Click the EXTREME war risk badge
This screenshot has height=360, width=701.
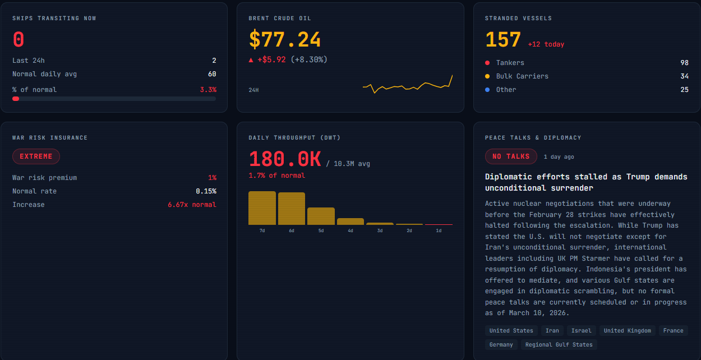point(36,156)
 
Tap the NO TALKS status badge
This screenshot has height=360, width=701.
point(511,156)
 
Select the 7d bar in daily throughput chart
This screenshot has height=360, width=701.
point(262,208)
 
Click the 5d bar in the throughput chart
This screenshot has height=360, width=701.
point(321,216)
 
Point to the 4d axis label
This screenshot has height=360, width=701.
point(350,230)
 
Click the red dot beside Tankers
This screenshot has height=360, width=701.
point(487,63)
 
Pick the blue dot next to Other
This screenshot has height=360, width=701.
point(487,90)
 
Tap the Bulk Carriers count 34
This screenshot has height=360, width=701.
point(684,76)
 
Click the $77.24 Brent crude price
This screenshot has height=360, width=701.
point(285,40)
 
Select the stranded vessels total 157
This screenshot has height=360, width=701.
point(503,40)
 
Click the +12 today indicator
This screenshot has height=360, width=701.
point(546,44)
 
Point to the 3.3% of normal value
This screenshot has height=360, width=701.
point(208,90)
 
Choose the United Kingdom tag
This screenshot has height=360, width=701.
point(627,330)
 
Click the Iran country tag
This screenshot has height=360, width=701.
point(552,330)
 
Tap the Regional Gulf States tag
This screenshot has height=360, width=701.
point(559,344)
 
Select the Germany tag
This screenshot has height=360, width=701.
point(501,344)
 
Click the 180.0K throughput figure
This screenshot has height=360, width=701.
point(285,159)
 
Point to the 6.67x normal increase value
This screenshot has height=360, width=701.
point(192,205)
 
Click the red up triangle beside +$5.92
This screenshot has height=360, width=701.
point(251,59)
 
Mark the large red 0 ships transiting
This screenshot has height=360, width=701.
point(19,40)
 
